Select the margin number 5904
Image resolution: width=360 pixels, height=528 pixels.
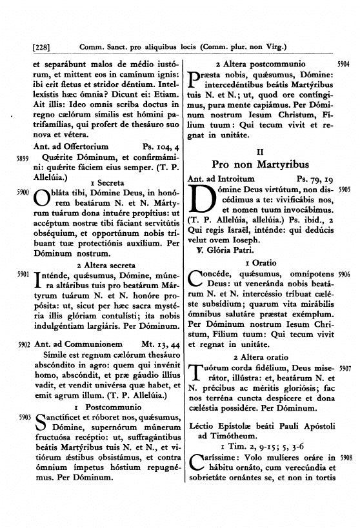click(x=343, y=65)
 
